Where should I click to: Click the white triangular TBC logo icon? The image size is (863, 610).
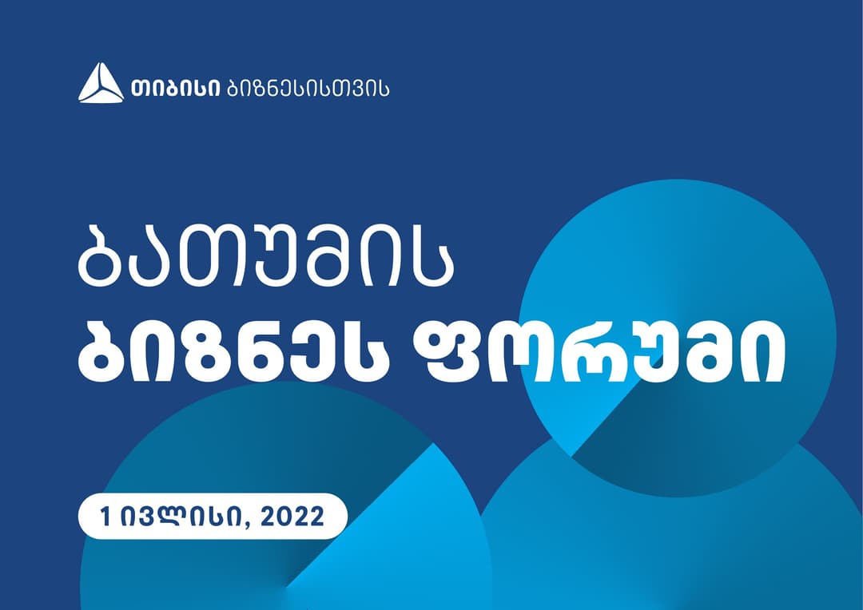[x=101, y=83]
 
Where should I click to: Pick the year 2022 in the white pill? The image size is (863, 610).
[x=293, y=517]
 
